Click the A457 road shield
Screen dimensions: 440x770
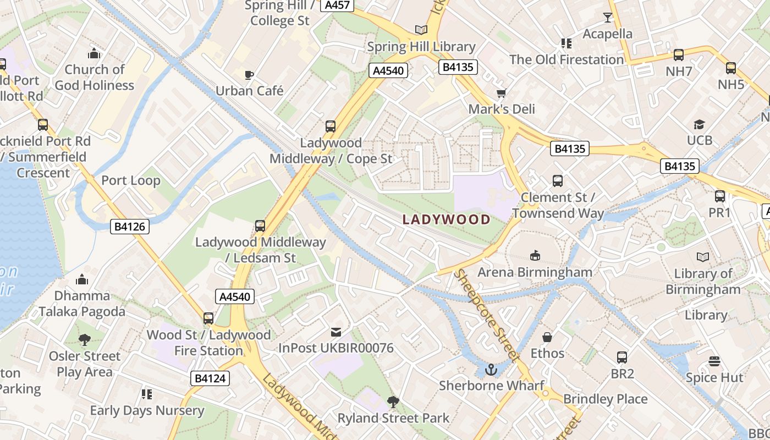click(x=338, y=5)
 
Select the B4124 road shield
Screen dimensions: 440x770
click(x=210, y=378)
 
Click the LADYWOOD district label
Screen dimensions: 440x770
click(x=446, y=219)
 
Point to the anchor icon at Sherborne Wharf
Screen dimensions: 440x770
click(x=491, y=370)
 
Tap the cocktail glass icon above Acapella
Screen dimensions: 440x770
click(x=607, y=18)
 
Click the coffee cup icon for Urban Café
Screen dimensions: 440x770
click(x=249, y=75)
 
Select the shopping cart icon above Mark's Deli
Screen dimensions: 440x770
click(x=501, y=93)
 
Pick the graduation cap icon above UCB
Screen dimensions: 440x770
click(x=699, y=124)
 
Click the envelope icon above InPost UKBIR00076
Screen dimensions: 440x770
click(x=335, y=332)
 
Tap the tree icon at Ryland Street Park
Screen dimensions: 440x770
click(x=393, y=402)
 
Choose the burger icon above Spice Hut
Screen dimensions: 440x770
click(x=714, y=361)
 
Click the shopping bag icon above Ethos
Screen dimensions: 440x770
click(x=547, y=337)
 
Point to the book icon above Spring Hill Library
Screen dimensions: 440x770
click(x=421, y=30)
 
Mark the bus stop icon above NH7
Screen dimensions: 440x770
click(x=679, y=55)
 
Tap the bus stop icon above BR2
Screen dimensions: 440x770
click(x=622, y=358)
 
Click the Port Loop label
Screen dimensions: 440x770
click(x=131, y=180)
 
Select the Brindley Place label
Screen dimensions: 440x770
click(x=605, y=399)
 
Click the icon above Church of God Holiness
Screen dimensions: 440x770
click(x=95, y=54)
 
